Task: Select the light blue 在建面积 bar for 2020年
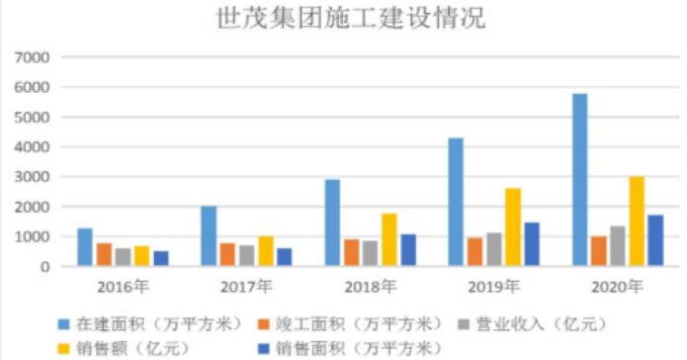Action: click(x=579, y=180)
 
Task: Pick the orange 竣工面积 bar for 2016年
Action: click(x=104, y=254)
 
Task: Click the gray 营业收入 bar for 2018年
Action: click(x=370, y=253)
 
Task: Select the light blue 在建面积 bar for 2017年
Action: click(x=209, y=236)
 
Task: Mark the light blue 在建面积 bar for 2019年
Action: click(x=455, y=202)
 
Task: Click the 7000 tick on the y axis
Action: click(x=34, y=58)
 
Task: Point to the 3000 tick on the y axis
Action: click(x=34, y=177)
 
